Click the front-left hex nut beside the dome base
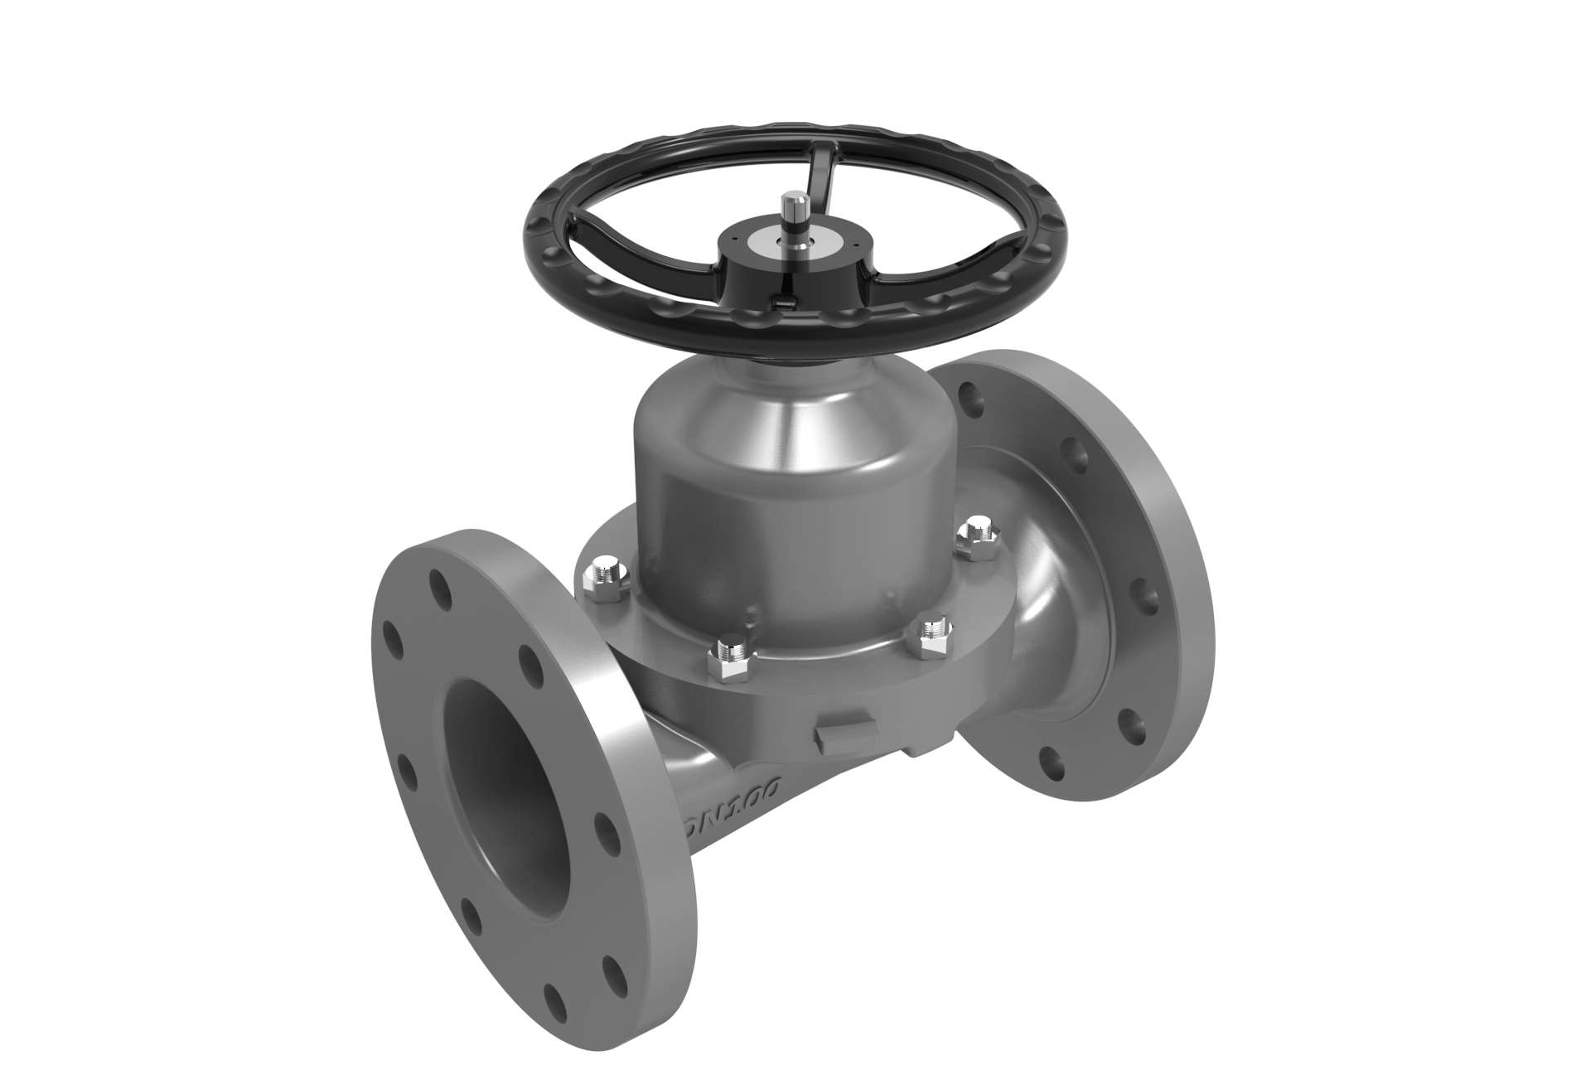tap(731, 652)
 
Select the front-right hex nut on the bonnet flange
tap(931, 632)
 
